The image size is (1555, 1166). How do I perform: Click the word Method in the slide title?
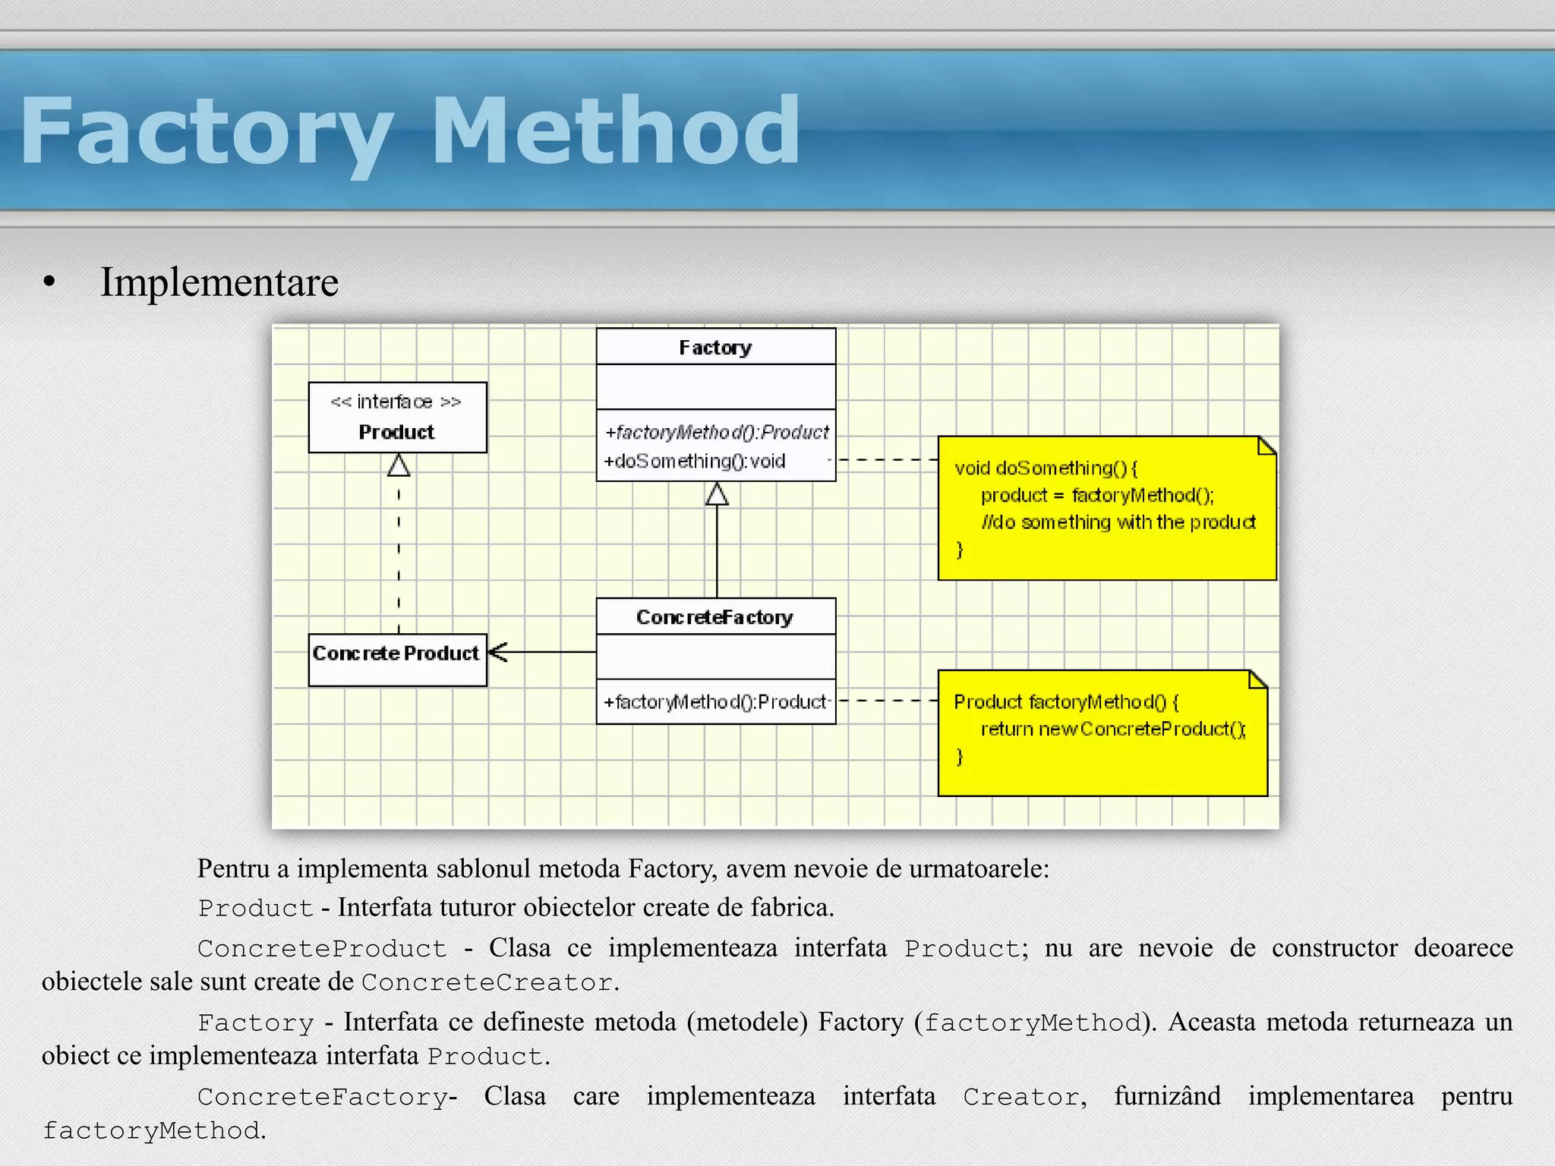(615, 131)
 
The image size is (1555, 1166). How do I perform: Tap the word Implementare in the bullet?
(219, 282)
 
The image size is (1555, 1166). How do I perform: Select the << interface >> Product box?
(397, 417)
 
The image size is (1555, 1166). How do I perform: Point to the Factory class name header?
(715, 347)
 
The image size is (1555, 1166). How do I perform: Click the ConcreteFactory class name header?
(715, 616)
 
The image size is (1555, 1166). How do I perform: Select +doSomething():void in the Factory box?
(694, 461)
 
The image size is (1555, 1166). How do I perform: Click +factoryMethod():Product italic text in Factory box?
(717, 432)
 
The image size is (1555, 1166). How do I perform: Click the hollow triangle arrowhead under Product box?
(399, 465)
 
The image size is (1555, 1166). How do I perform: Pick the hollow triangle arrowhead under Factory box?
(717, 495)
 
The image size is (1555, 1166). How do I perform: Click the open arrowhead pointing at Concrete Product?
(498, 651)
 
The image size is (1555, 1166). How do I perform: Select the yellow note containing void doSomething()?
(1106, 509)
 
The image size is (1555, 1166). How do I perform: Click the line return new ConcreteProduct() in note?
(1112, 729)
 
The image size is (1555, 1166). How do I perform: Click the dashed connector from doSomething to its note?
(887, 459)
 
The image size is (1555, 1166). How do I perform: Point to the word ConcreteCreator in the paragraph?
(487, 982)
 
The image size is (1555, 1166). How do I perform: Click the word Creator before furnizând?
(1021, 1097)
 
